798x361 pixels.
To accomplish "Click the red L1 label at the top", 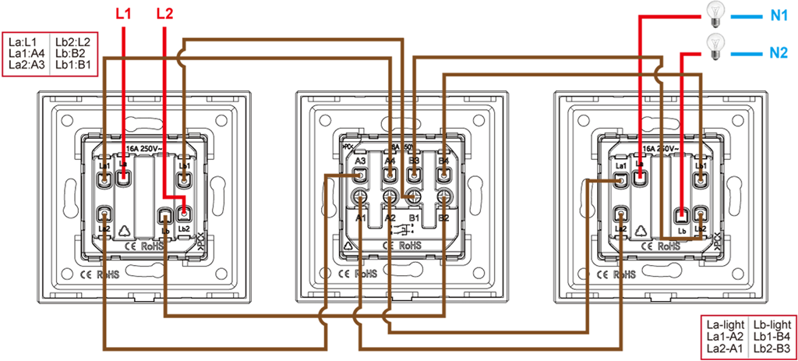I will [x=122, y=13].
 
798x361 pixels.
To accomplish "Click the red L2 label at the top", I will [x=165, y=13].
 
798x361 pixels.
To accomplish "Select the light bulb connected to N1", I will [x=712, y=12].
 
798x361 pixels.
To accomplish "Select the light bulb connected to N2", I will [x=712, y=45].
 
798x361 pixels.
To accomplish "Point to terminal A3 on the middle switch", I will [x=360, y=176].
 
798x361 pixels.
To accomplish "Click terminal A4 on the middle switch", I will [x=389, y=176].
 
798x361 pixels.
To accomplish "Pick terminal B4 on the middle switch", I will [x=443, y=176].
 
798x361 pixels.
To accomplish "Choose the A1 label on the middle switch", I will [x=362, y=217].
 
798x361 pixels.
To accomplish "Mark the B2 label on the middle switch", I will [x=443, y=217].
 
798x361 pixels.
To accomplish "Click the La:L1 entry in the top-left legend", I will [x=26, y=42].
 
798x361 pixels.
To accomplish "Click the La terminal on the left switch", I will [x=123, y=177].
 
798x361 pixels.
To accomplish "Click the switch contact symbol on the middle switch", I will [x=402, y=229].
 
